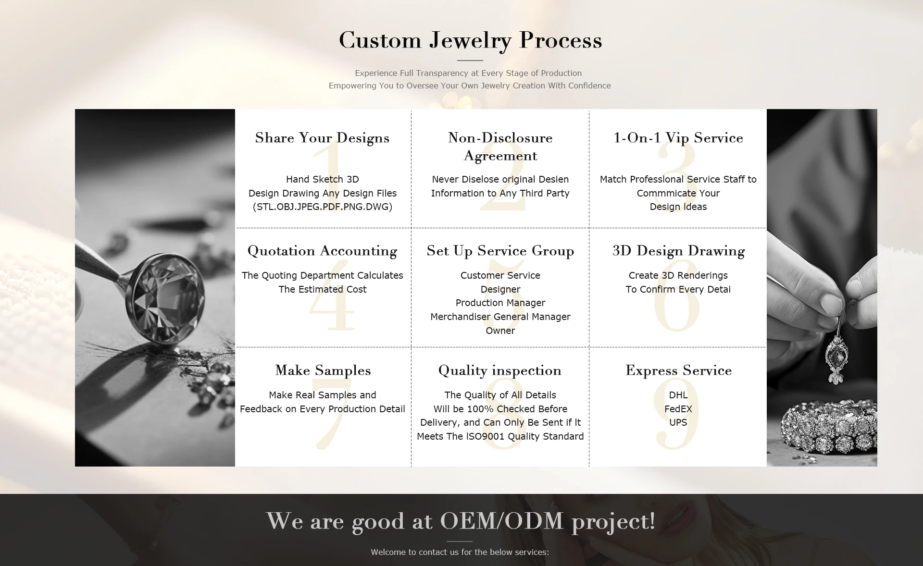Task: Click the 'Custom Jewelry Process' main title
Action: (x=470, y=40)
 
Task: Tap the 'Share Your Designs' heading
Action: (x=322, y=138)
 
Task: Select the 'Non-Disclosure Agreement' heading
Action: (x=500, y=147)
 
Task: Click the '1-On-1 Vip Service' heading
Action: (x=678, y=138)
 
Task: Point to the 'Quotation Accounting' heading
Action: (x=322, y=251)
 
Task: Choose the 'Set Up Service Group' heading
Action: (x=500, y=251)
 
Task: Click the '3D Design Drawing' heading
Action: (x=678, y=251)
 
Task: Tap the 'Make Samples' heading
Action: (x=323, y=370)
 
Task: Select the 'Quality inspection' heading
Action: (x=500, y=371)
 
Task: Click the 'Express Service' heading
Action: (x=678, y=370)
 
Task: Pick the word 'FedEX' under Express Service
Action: (x=678, y=409)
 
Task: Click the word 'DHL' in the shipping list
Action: (x=678, y=395)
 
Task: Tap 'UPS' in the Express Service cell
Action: (x=678, y=422)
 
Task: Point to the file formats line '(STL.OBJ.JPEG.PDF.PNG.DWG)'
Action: (x=323, y=207)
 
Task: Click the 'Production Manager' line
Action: (x=500, y=303)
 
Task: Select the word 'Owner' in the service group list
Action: (x=500, y=331)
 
